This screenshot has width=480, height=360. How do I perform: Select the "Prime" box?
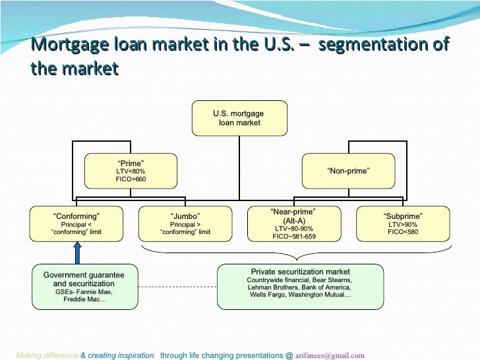[130, 171]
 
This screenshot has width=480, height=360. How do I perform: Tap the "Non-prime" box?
[348, 171]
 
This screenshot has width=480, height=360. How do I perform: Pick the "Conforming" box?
[76, 224]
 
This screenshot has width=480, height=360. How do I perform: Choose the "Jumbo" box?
[185, 224]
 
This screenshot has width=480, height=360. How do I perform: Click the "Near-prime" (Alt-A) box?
[294, 224]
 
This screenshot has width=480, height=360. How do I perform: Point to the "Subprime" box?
[402, 224]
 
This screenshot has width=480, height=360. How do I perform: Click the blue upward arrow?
[76, 253]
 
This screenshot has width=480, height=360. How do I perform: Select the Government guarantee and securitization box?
[84, 286]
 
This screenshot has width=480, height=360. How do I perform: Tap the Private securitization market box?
[300, 286]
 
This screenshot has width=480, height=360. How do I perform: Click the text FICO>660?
[131, 179]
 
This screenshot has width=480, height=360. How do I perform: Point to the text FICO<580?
[403, 231]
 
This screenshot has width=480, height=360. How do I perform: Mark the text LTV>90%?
[403, 224]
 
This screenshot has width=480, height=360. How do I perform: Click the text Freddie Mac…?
[84, 299]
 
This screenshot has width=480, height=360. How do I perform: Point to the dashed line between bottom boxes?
[178, 287]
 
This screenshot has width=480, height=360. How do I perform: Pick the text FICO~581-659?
[294, 235]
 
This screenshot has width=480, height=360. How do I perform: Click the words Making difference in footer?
[47, 354]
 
